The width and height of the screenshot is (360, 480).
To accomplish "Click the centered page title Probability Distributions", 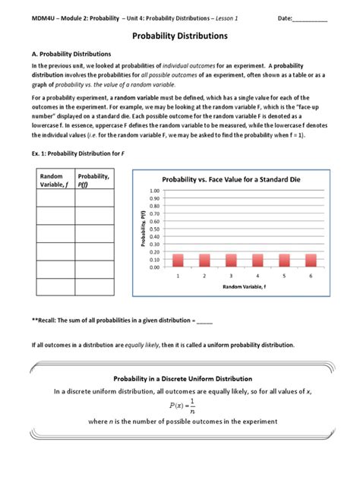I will click(180, 36).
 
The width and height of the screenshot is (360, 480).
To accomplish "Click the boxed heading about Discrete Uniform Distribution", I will click(179, 378).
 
